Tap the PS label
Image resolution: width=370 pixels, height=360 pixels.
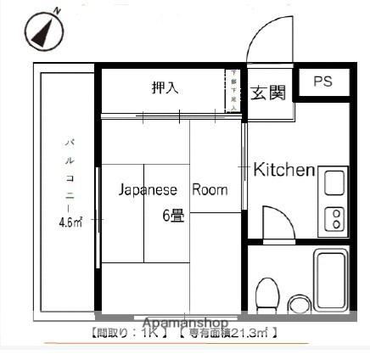pos(322,82)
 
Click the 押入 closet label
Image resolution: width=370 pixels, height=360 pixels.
pos(165,87)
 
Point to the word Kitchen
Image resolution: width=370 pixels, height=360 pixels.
pos(284,170)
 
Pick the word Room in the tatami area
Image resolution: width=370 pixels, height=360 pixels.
pos(210,189)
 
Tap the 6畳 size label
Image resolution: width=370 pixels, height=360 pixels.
pos(173,215)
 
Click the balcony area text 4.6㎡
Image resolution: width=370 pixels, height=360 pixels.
pos(70,223)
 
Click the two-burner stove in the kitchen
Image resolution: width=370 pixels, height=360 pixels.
pos(334,218)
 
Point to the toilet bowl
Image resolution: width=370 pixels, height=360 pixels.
pos(267,294)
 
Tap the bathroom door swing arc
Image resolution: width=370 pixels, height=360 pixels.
pos(277,222)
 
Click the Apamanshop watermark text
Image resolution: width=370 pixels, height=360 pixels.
pos(185,323)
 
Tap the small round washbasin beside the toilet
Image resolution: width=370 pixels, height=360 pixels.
pos(298,303)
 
